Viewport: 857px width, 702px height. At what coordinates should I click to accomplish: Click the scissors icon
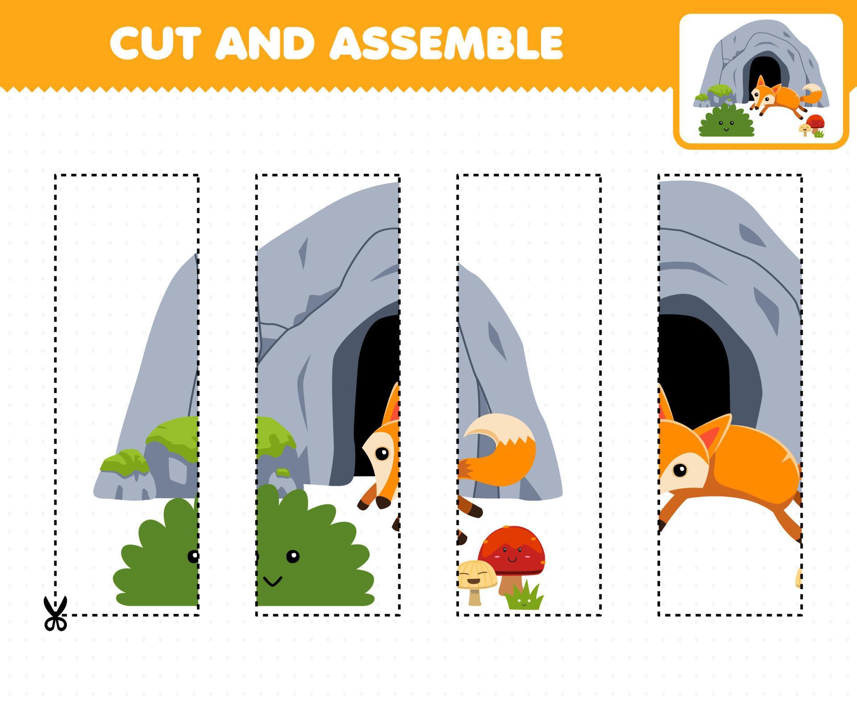click(55, 614)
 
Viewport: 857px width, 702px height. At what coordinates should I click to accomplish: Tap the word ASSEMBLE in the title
click(446, 43)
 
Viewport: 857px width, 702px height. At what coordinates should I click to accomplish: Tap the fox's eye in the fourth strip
click(679, 470)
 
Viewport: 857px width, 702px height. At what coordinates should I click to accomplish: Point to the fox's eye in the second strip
click(382, 454)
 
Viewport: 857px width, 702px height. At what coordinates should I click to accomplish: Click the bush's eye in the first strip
click(193, 556)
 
